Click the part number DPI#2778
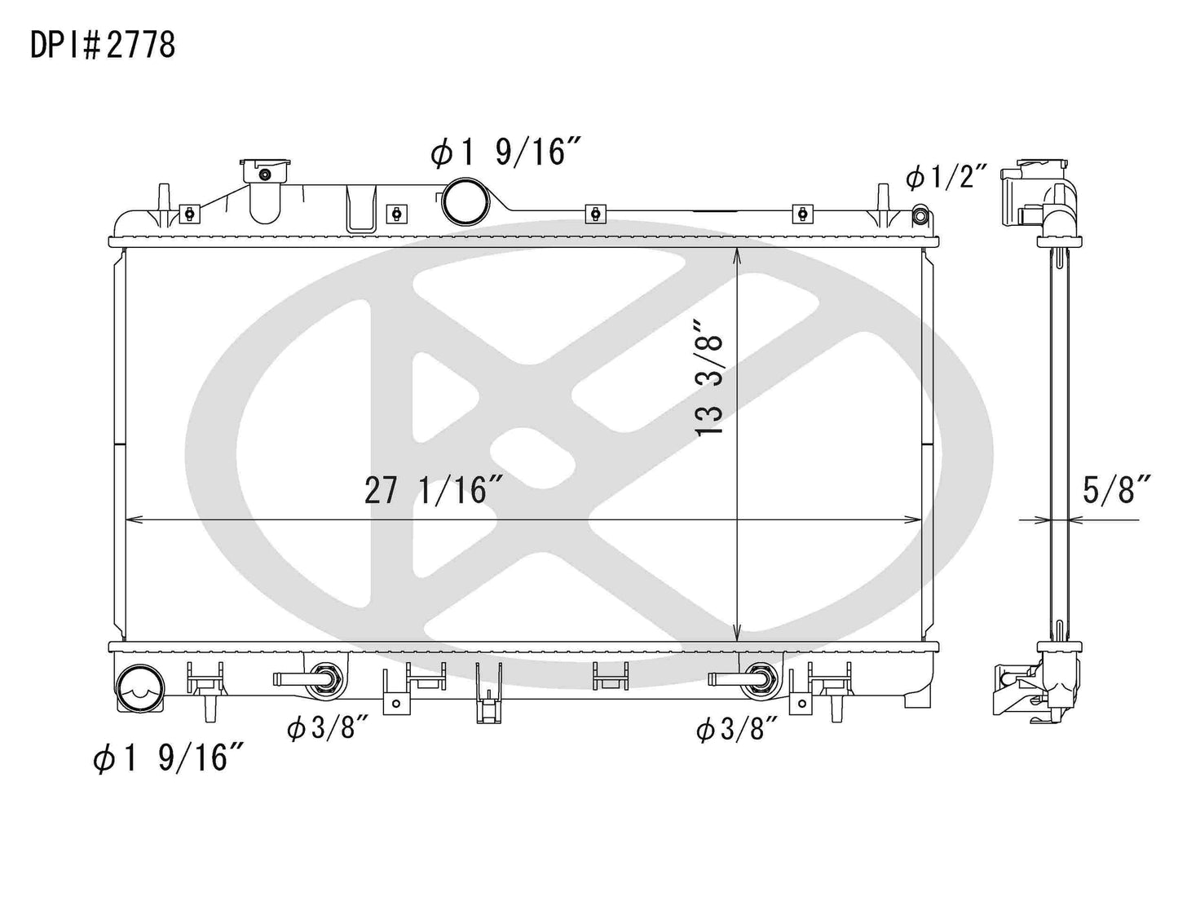coord(103,46)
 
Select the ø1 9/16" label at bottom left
coord(169,758)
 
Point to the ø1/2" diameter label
coord(946,176)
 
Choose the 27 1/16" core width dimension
coord(433,491)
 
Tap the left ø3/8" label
coord(323,728)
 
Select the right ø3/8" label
coord(731,728)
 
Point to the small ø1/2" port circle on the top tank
coord(920,216)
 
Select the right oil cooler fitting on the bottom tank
coord(757,678)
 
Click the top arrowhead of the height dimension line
coord(737,255)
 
